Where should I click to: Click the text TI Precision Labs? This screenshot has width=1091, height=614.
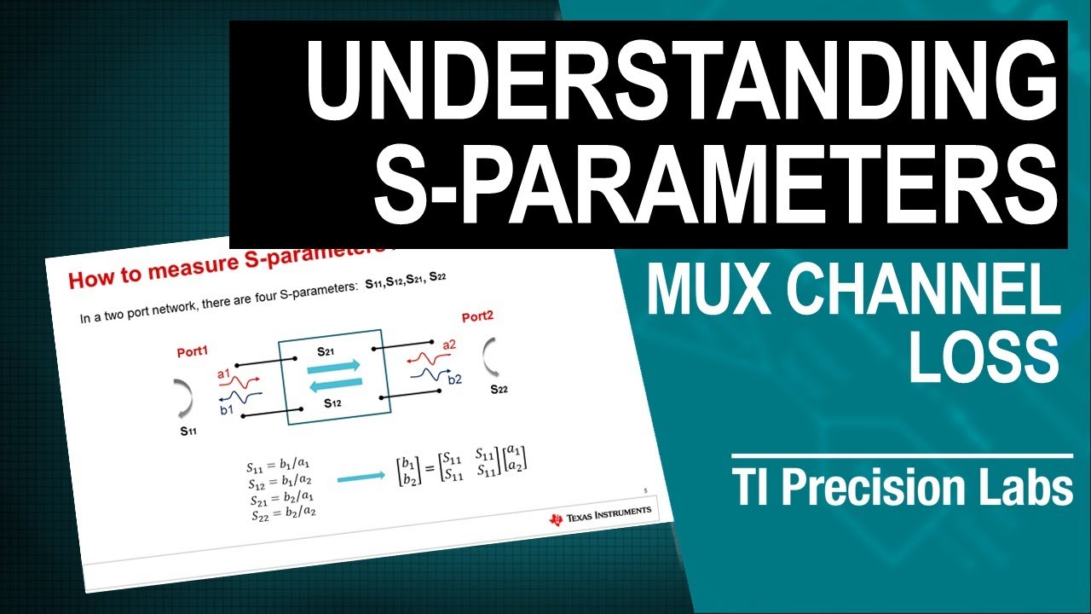[x=902, y=489]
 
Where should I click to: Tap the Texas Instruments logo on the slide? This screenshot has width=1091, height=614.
[x=601, y=515]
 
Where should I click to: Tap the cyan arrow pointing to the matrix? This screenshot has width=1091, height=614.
[x=360, y=479]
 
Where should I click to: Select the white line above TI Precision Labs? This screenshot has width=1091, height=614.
[x=902, y=456]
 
